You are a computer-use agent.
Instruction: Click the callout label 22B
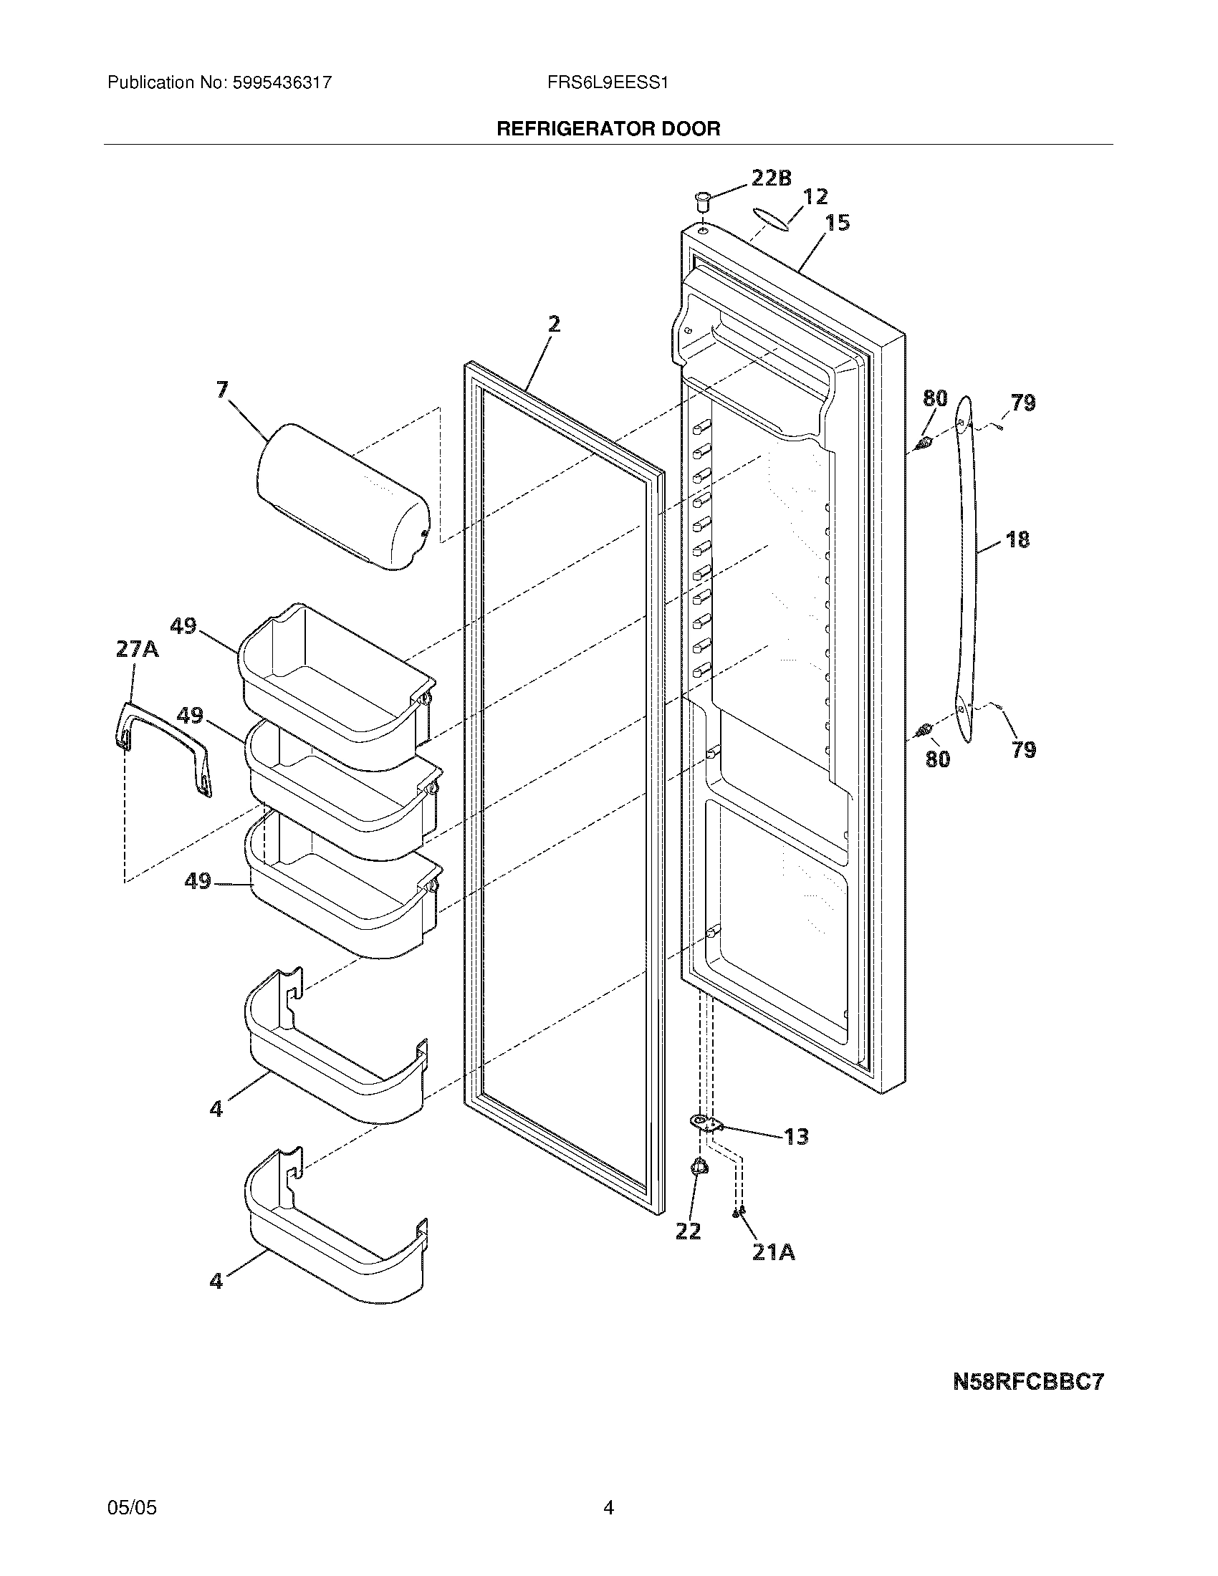point(772,178)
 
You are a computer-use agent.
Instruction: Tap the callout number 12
point(815,196)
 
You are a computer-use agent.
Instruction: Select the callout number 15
point(838,223)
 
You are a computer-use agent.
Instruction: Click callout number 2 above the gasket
point(553,324)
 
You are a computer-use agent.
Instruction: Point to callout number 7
point(222,390)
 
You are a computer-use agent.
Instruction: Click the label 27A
point(137,650)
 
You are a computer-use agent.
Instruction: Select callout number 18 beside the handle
point(1017,539)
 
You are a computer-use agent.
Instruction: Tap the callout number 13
point(796,1138)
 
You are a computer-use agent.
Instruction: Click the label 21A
point(774,1253)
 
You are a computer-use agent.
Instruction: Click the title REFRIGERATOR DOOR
point(608,129)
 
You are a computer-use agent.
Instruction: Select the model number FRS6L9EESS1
point(608,83)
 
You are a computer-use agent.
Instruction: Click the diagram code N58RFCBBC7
point(1028,1382)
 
